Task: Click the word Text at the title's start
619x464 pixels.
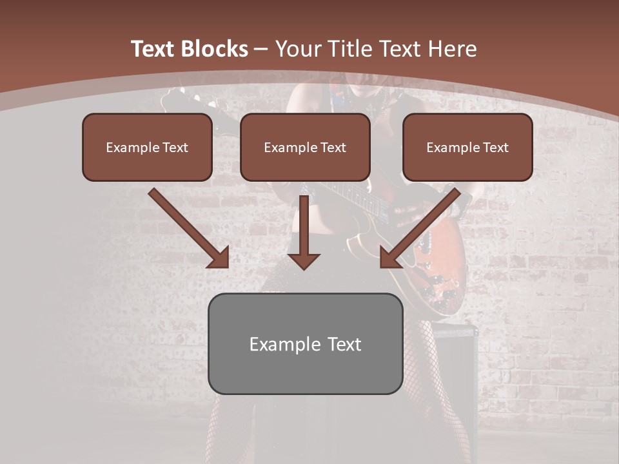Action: coord(152,49)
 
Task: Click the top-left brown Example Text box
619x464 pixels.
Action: coord(147,147)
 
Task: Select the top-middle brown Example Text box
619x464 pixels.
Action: coord(305,147)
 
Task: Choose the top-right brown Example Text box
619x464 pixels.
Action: coord(467,147)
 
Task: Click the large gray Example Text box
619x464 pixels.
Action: coord(305,343)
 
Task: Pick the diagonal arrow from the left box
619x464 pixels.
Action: coord(187,226)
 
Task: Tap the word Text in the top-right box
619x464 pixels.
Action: coord(495,148)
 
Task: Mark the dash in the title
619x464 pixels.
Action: coord(261,50)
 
